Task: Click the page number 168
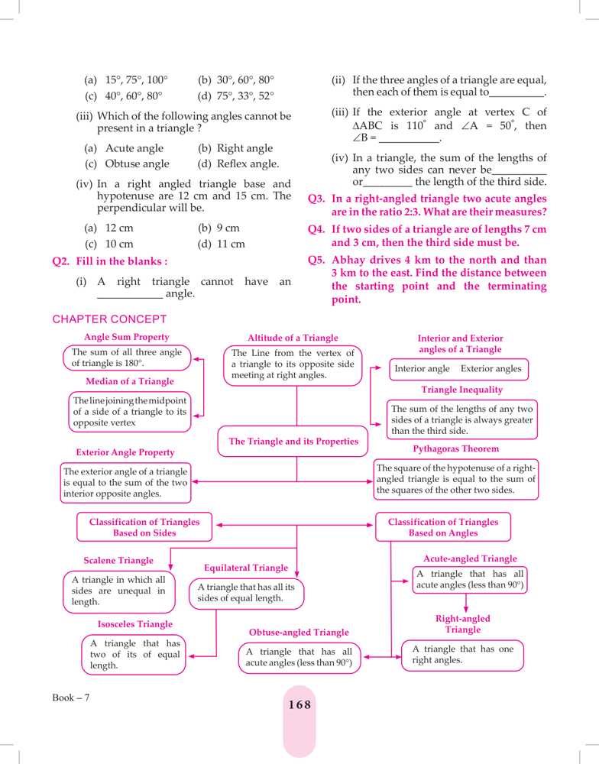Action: pos(299,705)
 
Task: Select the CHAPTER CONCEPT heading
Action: pos(109,319)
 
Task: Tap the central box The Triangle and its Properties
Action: pos(294,442)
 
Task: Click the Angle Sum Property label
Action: pos(127,337)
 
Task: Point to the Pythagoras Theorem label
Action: pos(456,448)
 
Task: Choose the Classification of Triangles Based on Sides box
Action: pos(144,527)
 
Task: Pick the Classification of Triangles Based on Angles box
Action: pos(443,527)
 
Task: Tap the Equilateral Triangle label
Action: pos(246,568)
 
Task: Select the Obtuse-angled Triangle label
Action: pos(299,633)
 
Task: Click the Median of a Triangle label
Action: pos(130,381)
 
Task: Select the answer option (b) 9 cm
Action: pos(219,228)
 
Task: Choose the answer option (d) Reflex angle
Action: pos(238,163)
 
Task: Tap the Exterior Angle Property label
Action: pos(125,452)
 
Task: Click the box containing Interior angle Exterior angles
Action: pos(458,369)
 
